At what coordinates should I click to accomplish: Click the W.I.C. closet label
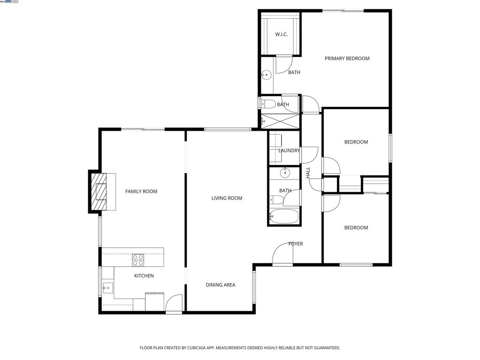coord(281,35)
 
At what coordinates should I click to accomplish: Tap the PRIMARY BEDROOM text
coord(347,59)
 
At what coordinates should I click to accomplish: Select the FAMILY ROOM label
coord(141,191)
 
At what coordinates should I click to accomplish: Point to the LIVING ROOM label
coord(227,198)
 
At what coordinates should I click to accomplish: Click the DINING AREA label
coord(220,285)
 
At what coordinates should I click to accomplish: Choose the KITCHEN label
coord(144,276)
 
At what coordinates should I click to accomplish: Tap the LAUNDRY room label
coord(289,150)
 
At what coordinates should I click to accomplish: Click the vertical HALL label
coord(308,172)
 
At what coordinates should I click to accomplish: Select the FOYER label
coord(295,244)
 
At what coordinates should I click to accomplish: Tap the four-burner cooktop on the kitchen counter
coord(138,260)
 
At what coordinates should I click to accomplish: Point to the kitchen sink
coord(108,287)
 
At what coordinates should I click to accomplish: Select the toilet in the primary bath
coord(267,104)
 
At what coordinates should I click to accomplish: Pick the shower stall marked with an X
coord(280,121)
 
